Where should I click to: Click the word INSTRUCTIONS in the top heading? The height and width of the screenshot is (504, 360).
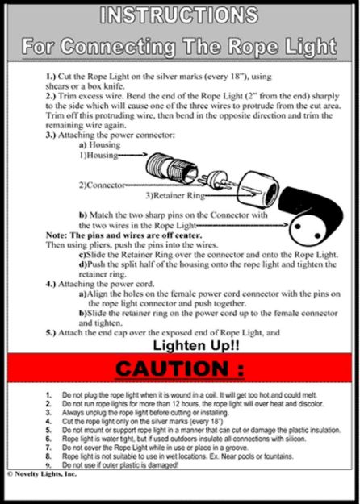point(180,15)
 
